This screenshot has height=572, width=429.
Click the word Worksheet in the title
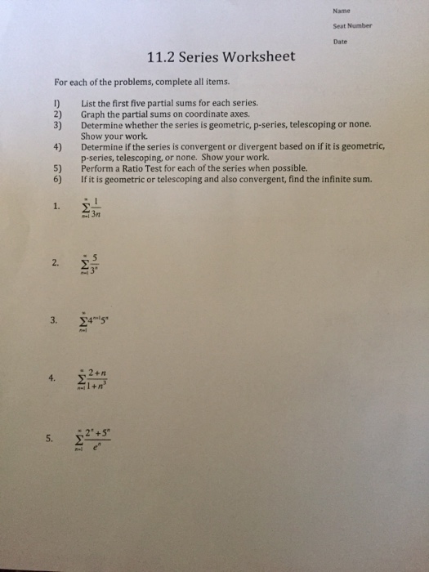coord(261,58)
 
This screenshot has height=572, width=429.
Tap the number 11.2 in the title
coord(159,58)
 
